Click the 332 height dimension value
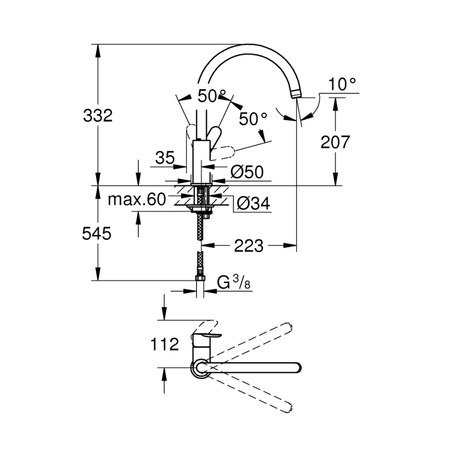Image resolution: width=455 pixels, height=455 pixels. [x=98, y=115]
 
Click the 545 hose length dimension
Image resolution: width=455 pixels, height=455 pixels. [x=97, y=234]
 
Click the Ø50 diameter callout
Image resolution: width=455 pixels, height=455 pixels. [x=246, y=172]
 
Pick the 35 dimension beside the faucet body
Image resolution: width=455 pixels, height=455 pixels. [x=165, y=158]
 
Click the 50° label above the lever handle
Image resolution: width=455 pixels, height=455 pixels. [x=212, y=96]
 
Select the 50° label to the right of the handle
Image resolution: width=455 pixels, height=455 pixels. [x=253, y=118]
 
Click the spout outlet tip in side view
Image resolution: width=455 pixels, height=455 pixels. [x=296, y=94]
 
